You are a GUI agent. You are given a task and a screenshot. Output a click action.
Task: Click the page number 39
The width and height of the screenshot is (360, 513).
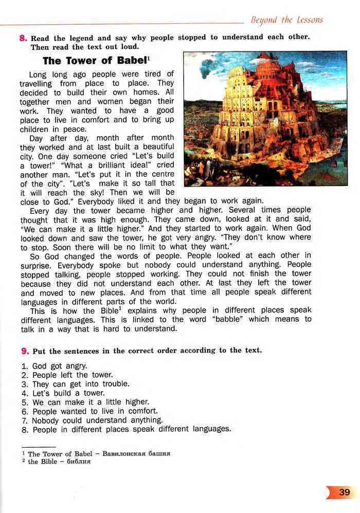click(345, 492)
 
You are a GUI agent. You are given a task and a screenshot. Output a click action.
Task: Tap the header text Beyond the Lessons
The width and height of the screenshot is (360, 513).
click(287, 20)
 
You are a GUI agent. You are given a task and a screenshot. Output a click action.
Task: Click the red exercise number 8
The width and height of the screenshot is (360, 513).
click(23, 38)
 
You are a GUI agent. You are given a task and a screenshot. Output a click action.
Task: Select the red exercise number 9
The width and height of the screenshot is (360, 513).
click(24, 351)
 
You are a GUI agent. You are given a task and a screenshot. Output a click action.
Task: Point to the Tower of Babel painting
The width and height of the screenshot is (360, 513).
click(265, 118)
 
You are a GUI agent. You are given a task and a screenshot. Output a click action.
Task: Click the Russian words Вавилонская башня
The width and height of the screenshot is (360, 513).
click(136, 454)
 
